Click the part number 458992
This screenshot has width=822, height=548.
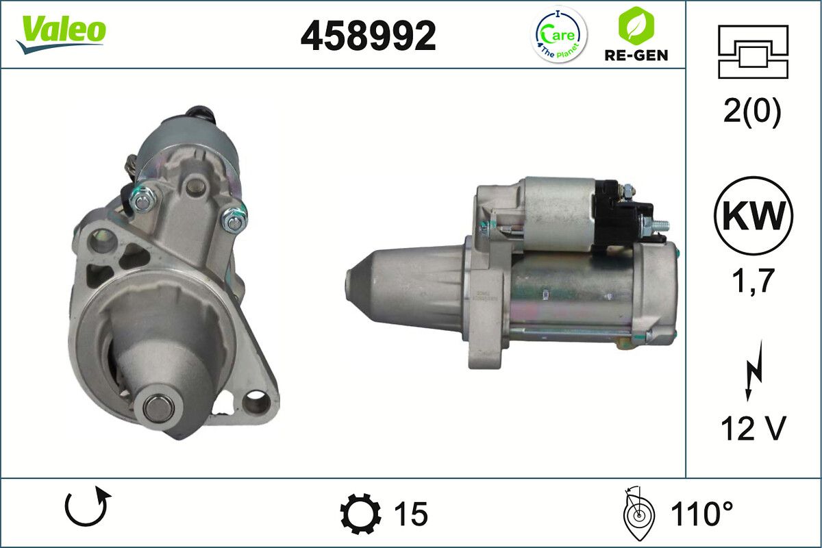[x=368, y=36]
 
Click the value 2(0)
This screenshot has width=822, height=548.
[x=752, y=112]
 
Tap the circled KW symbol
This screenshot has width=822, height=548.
[x=753, y=216]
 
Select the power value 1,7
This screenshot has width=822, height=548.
[x=752, y=279]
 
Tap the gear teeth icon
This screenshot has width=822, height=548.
[x=360, y=514]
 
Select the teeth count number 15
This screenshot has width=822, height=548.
[x=411, y=514]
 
